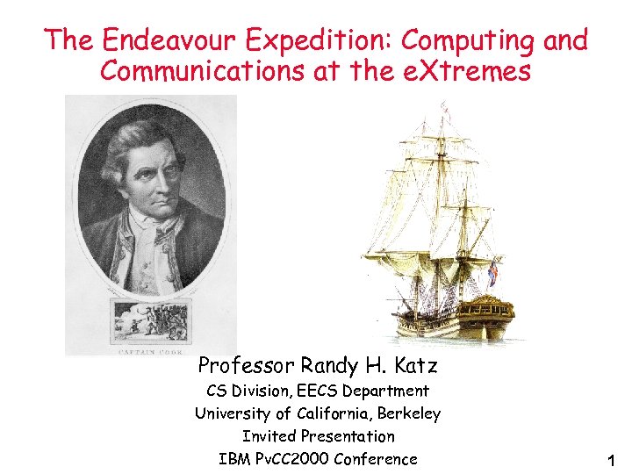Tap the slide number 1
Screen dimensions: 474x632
(x=611, y=460)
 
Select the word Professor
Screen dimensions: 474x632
(x=247, y=364)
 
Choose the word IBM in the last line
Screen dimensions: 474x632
(x=234, y=458)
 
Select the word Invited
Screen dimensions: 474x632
(x=269, y=435)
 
